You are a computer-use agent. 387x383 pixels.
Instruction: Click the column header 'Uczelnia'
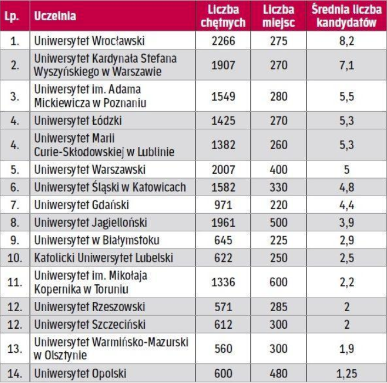[55, 16]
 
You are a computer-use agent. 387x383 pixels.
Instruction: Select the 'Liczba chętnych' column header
[223, 16]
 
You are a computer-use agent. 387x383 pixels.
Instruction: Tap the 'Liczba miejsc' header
[278, 16]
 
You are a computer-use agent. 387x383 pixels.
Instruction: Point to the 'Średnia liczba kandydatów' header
[346, 16]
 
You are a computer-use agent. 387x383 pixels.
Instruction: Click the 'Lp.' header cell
[14, 16]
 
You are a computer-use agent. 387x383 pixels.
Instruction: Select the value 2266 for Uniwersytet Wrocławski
[223, 41]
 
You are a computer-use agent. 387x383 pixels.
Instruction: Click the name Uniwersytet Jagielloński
[90, 223]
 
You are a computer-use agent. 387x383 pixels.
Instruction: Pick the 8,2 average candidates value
[346, 41]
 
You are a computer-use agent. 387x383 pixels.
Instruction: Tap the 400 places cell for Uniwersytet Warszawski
[278, 169]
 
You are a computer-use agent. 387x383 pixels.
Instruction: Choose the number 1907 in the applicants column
[223, 65]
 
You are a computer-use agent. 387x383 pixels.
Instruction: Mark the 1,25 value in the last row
[346, 373]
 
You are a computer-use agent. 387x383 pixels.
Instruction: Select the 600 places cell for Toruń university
[278, 282]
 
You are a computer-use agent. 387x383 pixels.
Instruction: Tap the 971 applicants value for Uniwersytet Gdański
[223, 205]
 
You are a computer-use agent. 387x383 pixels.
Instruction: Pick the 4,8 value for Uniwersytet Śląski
[346, 187]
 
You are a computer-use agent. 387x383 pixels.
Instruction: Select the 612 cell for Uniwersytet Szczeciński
[223, 324]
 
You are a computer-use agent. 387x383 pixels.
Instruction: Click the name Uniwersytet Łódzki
[77, 120]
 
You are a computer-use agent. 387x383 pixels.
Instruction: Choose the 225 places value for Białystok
[278, 241]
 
